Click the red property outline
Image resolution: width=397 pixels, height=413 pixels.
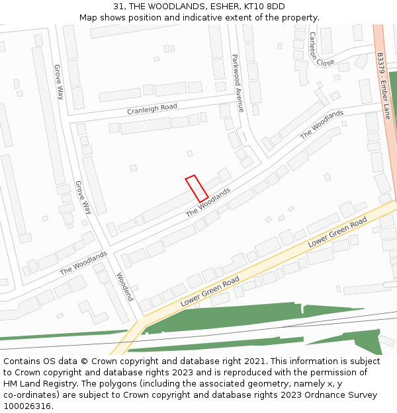click(197, 188)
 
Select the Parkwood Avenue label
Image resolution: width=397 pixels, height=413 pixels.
click(238, 83)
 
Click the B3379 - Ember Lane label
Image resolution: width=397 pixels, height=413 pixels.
click(383, 87)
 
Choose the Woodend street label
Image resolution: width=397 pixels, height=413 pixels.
click(125, 286)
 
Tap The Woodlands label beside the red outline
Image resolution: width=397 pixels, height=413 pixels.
click(208, 202)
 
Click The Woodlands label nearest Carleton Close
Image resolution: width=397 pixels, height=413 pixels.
click(322, 124)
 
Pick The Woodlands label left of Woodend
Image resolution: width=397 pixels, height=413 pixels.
click(83, 262)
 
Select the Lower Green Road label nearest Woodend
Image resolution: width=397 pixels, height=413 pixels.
click(210, 291)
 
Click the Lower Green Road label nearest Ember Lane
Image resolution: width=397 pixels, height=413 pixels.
click(337, 233)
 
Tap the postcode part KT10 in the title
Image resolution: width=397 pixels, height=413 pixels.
click(255, 7)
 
